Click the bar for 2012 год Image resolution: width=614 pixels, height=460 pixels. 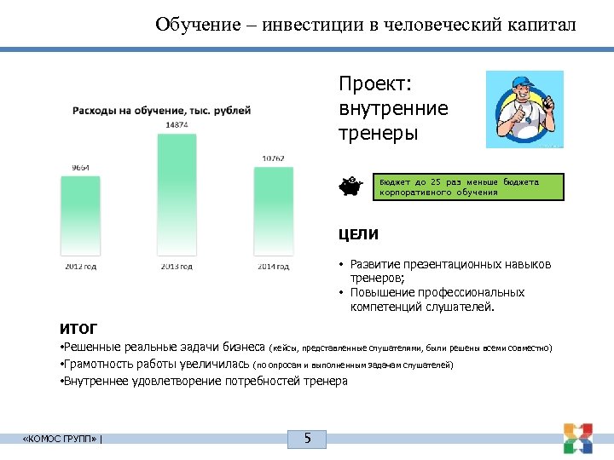pyautogui.click(x=80, y=217)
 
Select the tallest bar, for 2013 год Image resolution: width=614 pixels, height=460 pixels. pyautogui.click(x=177, y=196)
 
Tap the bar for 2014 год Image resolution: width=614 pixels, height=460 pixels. pyautogui.click(x=273, y=213)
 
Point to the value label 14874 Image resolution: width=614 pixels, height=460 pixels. pyautogui.click(x=177, y=125)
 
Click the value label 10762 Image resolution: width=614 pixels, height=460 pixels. pyautogui.click(x=273, y=158)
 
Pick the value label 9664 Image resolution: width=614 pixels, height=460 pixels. pyautogui.click(x=80, y=167)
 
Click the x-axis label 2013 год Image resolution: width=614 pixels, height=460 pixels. pyautogui.click(x=177, y=267)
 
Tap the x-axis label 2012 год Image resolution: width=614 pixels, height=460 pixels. pyautogui.click(x=80, y=267)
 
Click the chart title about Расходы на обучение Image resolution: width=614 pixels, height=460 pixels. pyautogui.click(x=161, y=110)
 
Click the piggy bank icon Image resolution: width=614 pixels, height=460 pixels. pyautogui.click(x=350, y=186)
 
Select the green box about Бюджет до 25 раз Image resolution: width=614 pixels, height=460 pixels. pyautogui.click(x=470, y=187)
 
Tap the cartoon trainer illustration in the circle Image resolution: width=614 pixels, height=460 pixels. pyautogui.click(x=524, y=109)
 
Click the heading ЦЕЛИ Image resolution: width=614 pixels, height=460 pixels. pyautogui.click(x=359, y=234)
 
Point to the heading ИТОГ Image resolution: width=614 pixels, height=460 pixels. pyautogui.click(x=78, y=328)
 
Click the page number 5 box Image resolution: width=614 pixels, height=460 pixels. pyautogui.click(x=308, y=440)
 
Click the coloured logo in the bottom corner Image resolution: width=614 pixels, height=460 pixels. pyautogui.click(x=577, y=437)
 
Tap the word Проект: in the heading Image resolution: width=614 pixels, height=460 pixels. pyautogui.click(x=375, y=84)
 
